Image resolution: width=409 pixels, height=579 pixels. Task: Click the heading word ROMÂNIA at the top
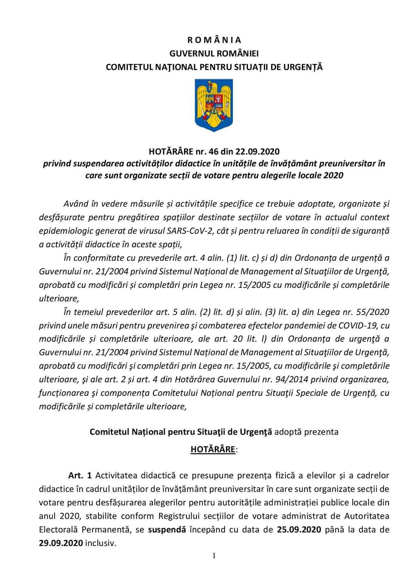tap(214, 40)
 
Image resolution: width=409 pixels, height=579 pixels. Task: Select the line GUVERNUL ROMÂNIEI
tap(214, 53)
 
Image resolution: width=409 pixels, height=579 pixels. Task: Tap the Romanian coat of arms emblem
tap(214, 105)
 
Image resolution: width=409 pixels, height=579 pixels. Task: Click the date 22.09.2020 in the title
tap(258, 152)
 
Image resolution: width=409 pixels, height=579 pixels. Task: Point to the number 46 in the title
tap(214, 152)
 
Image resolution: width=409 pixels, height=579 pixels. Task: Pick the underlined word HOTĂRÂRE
tap(213, 449)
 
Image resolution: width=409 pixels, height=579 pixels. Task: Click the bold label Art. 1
tap(80, 475)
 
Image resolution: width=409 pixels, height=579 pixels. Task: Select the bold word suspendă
tap(167, 529)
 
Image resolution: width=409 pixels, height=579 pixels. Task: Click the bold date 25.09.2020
tap(299, 529)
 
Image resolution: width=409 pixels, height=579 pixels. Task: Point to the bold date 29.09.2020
tap(61, 543)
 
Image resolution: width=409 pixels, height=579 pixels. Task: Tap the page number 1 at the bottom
tap(214, 556)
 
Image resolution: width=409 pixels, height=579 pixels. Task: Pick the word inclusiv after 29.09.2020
tap(100, 543)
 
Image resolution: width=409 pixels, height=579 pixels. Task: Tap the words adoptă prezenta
tap(306, 432)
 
